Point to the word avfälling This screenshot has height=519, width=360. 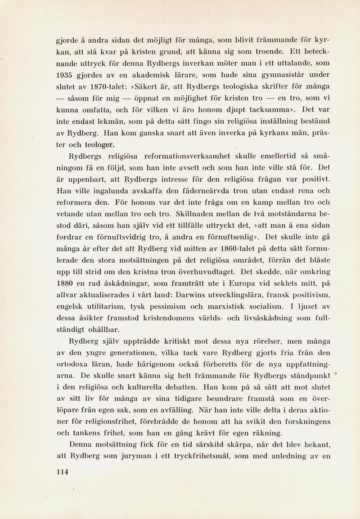click(x=169, y=410)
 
